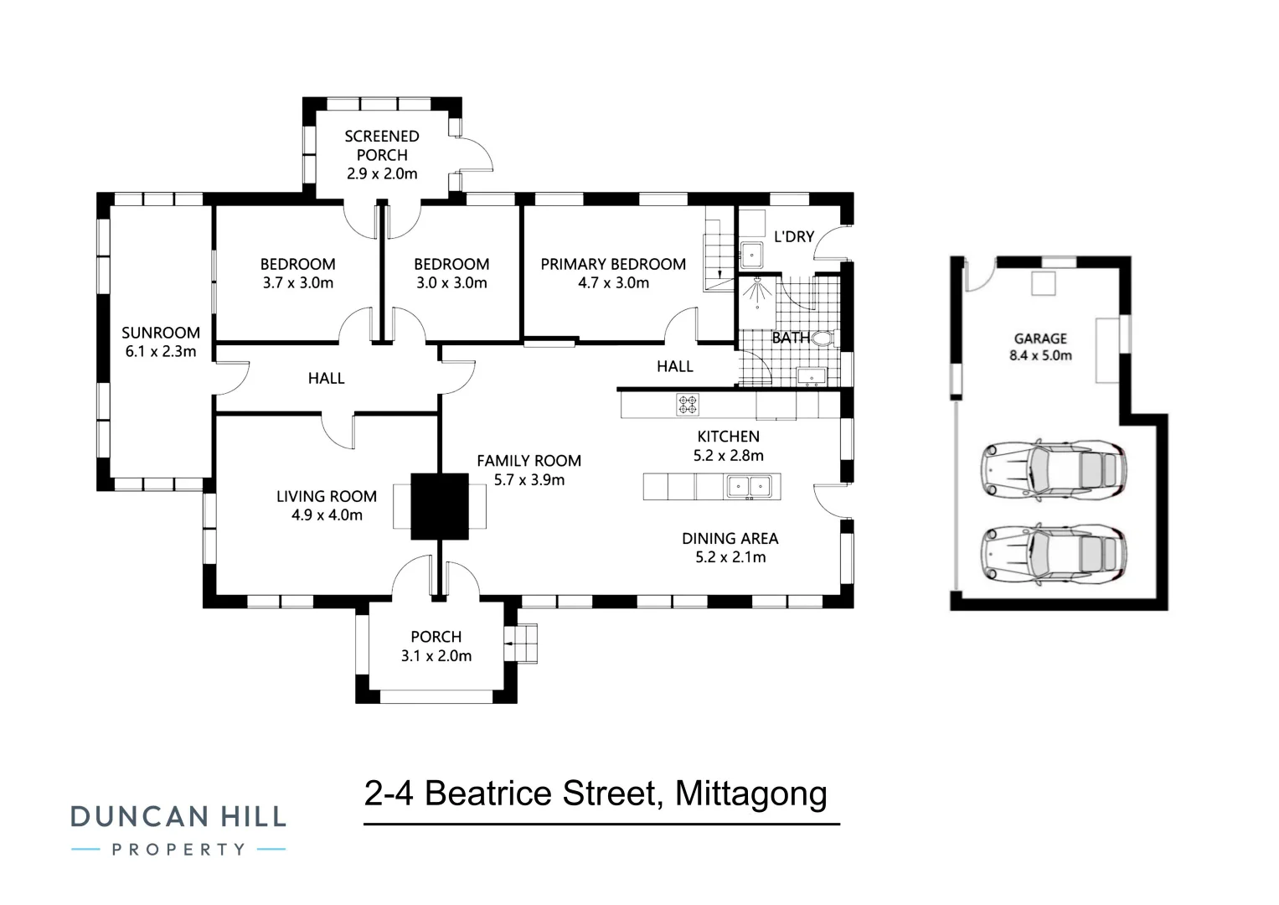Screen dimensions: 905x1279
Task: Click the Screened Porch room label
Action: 382,145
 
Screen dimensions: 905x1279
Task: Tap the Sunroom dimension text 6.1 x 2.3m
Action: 161,352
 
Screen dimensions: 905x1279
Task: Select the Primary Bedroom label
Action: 613,264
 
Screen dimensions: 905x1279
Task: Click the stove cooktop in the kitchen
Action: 688,405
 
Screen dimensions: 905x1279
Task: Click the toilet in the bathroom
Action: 823,339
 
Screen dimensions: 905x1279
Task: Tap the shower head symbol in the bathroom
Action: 758,289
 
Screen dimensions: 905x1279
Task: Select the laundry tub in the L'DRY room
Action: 751,253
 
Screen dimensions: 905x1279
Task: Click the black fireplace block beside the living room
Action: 440,506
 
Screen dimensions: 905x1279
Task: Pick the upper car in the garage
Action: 1055,468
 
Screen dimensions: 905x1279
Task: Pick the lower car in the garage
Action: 1055,554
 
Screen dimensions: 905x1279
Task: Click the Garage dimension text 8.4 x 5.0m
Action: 1040,355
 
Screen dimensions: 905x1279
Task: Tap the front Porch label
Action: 436,637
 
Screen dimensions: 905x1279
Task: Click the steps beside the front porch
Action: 526,644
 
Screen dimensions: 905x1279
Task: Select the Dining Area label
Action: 730,538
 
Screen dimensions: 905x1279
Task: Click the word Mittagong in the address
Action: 750,794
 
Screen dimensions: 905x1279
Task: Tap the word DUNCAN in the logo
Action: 139,816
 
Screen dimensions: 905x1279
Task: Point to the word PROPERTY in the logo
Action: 178,850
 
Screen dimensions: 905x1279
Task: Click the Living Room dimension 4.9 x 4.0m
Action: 327,515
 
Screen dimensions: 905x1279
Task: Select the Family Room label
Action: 529,461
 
